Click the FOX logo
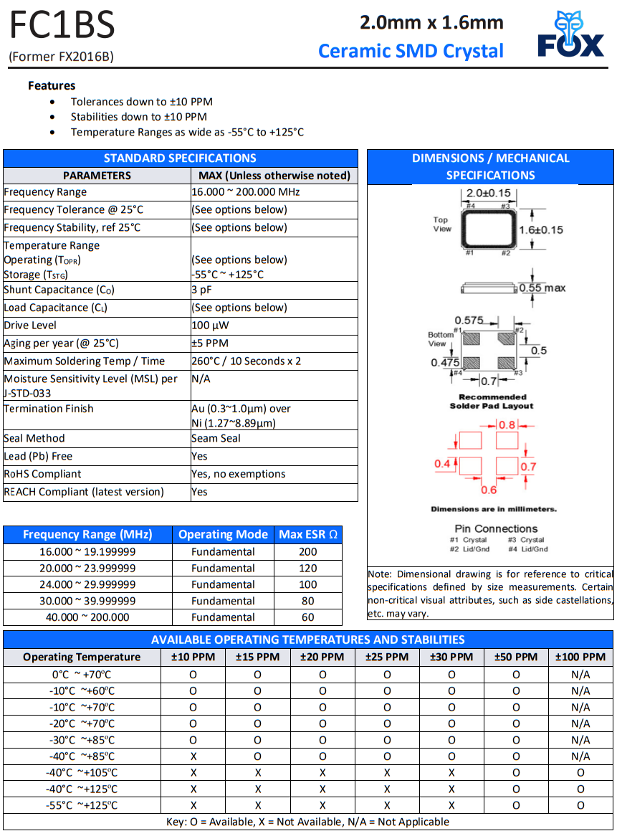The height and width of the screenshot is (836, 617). tap(571, 36)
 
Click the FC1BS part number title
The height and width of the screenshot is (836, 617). tap(62, 26)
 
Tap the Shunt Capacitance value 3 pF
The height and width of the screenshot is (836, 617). tap(201, 290)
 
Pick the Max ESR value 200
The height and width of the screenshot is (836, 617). tap(308, 551)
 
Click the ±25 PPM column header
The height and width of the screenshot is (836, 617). tap(387, 657)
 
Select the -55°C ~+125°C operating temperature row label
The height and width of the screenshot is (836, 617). tap(82, 805)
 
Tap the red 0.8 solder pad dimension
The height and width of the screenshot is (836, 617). tap(507, 425)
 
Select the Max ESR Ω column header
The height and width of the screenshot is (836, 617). tap(308, 534)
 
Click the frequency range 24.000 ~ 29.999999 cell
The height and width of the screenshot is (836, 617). tap(87, 584)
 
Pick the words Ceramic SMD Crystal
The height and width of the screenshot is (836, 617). tap(411, 51)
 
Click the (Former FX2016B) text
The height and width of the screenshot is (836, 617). tap(61, 57)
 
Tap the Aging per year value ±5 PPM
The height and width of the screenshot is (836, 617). tap(210, 343)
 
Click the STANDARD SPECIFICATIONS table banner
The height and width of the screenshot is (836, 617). tap(180, 158)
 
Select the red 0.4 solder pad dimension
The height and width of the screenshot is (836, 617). tap(442, 464)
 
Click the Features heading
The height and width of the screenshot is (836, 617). tap(52, 85)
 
